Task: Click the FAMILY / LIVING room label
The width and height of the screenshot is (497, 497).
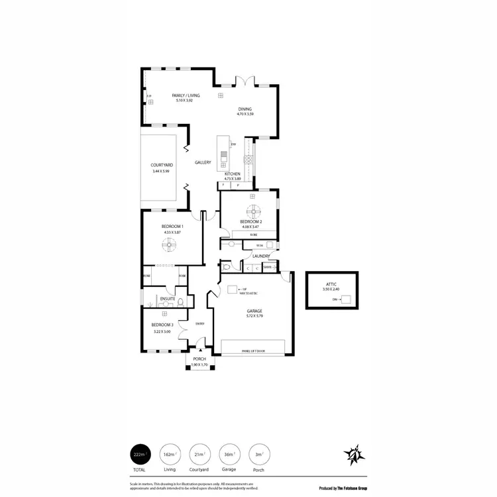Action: [186, 95]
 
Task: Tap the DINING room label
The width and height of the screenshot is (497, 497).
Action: [245, 109]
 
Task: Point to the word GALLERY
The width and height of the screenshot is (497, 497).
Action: [203, 162]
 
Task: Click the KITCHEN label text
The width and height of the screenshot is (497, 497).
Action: [232, 174]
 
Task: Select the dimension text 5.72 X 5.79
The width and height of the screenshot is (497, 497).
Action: [255, 316]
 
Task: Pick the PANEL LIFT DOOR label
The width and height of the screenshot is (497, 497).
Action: [254, 352]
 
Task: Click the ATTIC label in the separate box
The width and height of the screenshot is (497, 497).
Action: [331, 284]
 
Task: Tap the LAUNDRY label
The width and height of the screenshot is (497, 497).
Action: [260, 256]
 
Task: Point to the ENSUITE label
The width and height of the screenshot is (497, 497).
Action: [167, 299]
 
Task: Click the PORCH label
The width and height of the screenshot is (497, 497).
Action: [199, 359]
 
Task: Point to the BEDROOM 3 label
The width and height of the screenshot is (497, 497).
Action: [162, 325]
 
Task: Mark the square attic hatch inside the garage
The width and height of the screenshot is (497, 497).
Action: [233, 290]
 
